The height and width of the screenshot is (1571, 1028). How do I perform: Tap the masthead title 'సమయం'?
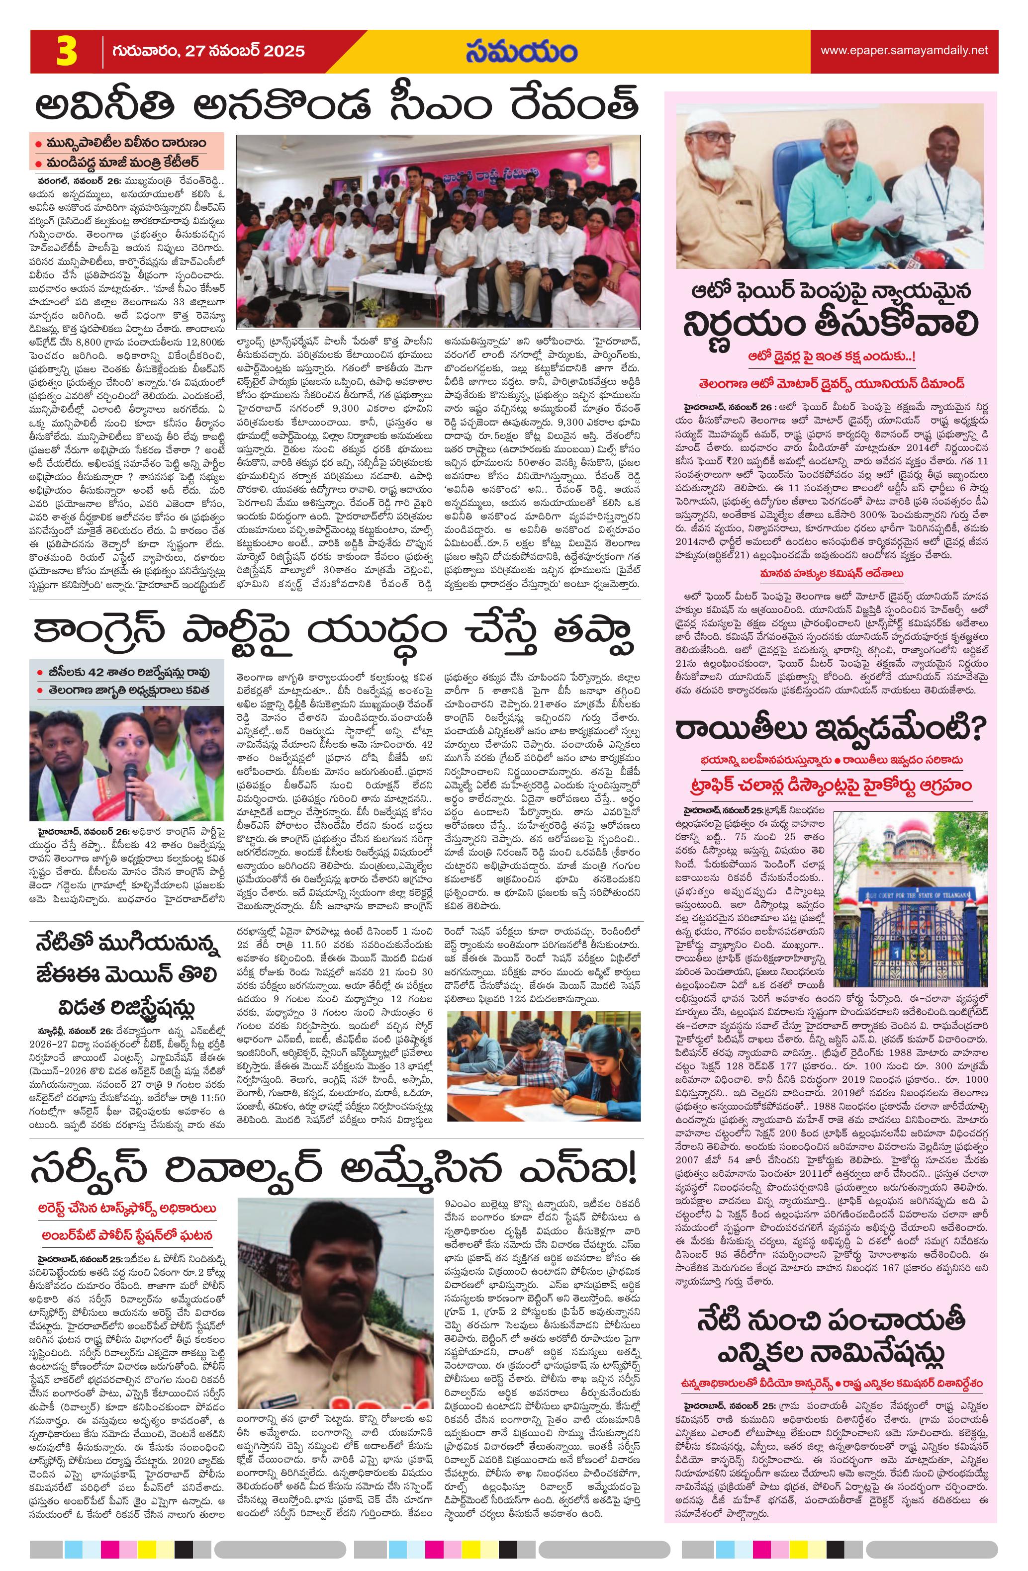520,52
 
